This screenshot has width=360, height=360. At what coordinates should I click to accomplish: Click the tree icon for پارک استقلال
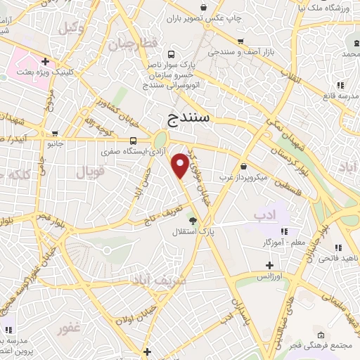pyautogui.click(x=192, y=221)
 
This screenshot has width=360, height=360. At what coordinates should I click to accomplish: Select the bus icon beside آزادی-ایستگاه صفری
pyautogui.click(x=134, y=139)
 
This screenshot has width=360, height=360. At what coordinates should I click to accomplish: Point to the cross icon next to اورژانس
pyautogui.click(x=269, y=266)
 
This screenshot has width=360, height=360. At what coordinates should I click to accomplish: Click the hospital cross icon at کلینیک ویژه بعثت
pyautogui.click(x=44, y=60)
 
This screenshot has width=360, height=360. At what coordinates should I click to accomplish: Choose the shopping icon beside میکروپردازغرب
pyautogui.click(x=243, y=167)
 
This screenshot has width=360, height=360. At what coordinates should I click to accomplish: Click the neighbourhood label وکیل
pyautogui.click(x=70, y=28)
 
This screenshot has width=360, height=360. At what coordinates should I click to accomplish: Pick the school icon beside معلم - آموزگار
pyautogui.click(x=283, y=231)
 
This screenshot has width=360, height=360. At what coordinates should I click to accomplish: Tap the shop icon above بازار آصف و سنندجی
pyautogui.click(x=241, y=41)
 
